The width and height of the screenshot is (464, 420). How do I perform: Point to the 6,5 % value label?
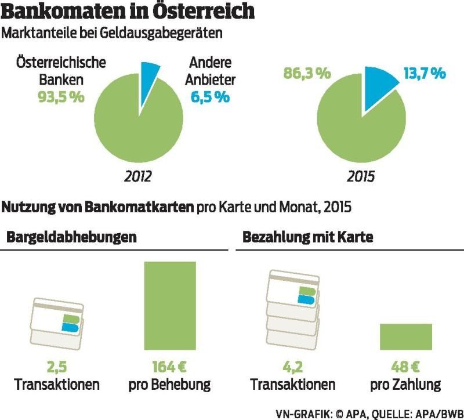[x=210, y=97]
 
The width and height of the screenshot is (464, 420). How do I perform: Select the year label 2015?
[x=361, y=176]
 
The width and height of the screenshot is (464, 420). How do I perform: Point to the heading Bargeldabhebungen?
[x=71, y=237]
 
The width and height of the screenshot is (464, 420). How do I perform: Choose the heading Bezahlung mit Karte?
[x=307, y=237]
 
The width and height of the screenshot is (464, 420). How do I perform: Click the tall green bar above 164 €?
[x=170, y=306]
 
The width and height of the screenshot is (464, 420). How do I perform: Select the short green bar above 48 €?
[x=406, y=336]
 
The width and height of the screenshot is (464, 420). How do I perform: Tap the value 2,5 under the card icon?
[x=57, y=367]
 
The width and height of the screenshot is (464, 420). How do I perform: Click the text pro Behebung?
[x=170, y=384]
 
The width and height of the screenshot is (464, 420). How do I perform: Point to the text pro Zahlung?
[x=406, y=384]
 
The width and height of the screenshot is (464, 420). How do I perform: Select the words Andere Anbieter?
[x=210, y=71]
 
